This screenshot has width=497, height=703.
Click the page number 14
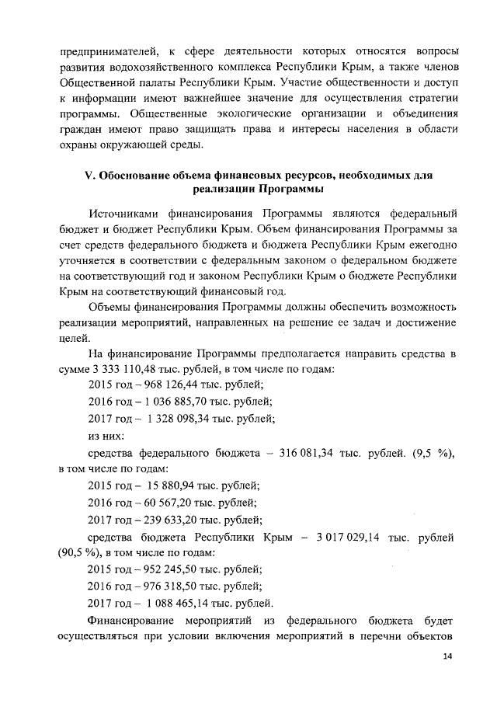point(447,656)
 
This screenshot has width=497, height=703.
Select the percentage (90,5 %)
point(80,555)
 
